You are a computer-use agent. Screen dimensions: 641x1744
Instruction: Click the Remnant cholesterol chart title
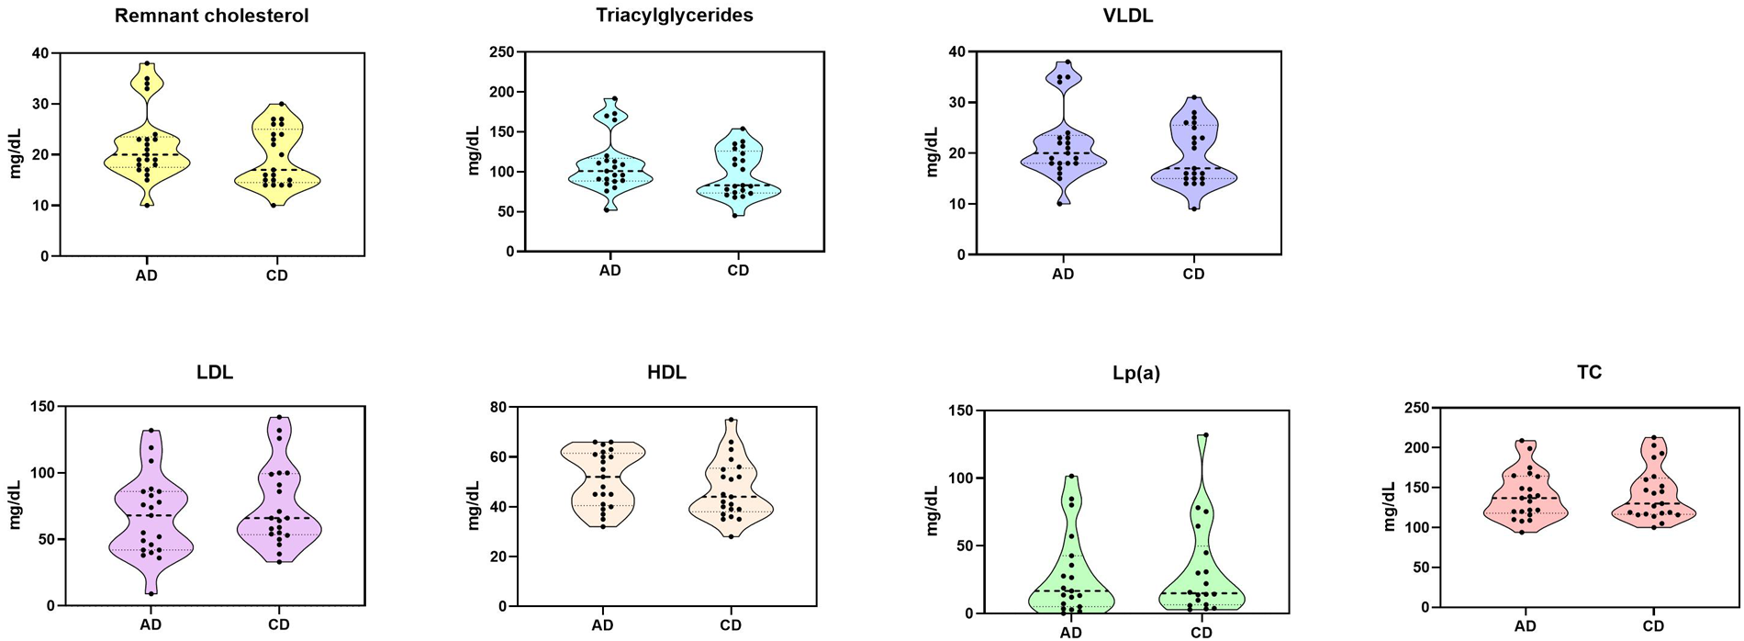coord(211,16)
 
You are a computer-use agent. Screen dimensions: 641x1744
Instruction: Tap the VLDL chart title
coord(1128,15)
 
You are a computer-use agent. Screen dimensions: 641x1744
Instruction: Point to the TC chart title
coord(1590,373)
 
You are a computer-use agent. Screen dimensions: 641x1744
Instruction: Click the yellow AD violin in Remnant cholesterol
coord(147,161)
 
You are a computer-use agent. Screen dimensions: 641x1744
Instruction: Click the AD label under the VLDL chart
coord(1063,274)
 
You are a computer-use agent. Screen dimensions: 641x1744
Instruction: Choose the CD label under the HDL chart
coord(731,625)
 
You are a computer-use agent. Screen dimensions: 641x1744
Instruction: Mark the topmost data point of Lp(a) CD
coord(1205,435)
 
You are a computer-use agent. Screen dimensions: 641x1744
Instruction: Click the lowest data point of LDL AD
coord(151,593)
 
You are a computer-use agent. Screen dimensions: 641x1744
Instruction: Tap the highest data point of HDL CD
coord(731,420)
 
